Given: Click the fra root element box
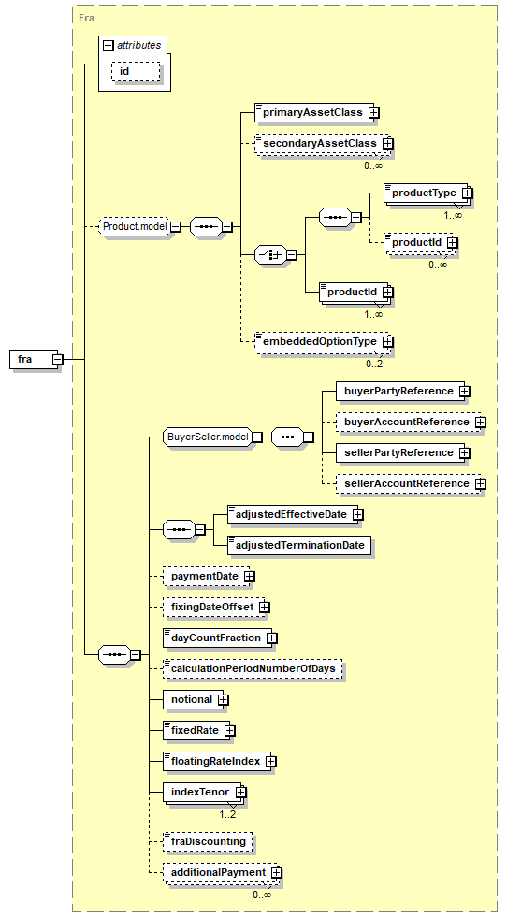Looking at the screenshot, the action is click(36, 359).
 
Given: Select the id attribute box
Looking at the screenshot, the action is click(136, 72).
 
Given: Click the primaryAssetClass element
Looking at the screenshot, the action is click(317, 111).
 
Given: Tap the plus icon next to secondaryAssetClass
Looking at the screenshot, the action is click(387, 143).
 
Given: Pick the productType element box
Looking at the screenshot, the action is click(427, 193).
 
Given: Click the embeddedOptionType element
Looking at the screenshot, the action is click(324, 341).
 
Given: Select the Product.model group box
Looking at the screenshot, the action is click(135, 225).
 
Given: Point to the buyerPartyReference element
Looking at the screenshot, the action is click(403, 392).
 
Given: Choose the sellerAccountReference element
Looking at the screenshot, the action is click(411, 483).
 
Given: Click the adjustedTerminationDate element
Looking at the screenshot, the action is click(299, 545).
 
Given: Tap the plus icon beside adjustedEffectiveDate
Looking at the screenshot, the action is click(357, 515).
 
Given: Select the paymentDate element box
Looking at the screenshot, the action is click(209, 576).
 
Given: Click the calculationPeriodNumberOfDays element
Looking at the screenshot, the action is click(253, 668).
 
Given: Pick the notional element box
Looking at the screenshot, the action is click(196, 699).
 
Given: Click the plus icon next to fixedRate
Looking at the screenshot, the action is click(230, 730).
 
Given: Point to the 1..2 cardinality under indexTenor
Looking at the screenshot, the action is click(227, 813).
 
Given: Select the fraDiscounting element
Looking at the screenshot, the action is click(208, 841).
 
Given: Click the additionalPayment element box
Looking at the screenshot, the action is click(223, 872).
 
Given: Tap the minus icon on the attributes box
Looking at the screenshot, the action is click(108, 46).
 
